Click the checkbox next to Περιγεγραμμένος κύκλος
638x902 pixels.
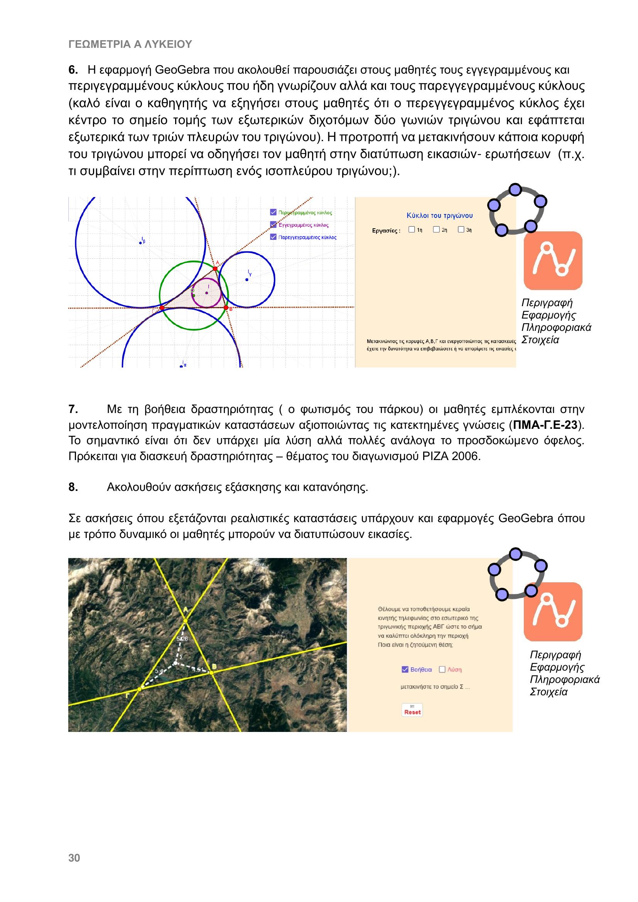click(273, 212)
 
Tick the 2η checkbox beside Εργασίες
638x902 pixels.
click(436, 229)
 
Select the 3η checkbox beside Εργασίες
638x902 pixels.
click(461, 229)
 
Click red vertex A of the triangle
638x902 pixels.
click(215, 269)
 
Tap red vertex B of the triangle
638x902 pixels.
click(226, 308)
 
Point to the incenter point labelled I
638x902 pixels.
click(207, 293)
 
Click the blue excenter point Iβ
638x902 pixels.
click(141, 243)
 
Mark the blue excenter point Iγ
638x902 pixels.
click(247, 280)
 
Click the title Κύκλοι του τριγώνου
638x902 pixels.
click(439, 216)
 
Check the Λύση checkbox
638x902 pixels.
click(442, 669)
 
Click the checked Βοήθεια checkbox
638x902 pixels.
click(405, 669)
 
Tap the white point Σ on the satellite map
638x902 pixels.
click(176, 664)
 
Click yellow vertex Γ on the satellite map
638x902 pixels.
click(140, 689)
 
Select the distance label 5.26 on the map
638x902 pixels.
click(182, 639)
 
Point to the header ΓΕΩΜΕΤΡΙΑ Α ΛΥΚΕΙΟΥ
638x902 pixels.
click(130, 44)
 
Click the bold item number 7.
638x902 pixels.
click(73, 410)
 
